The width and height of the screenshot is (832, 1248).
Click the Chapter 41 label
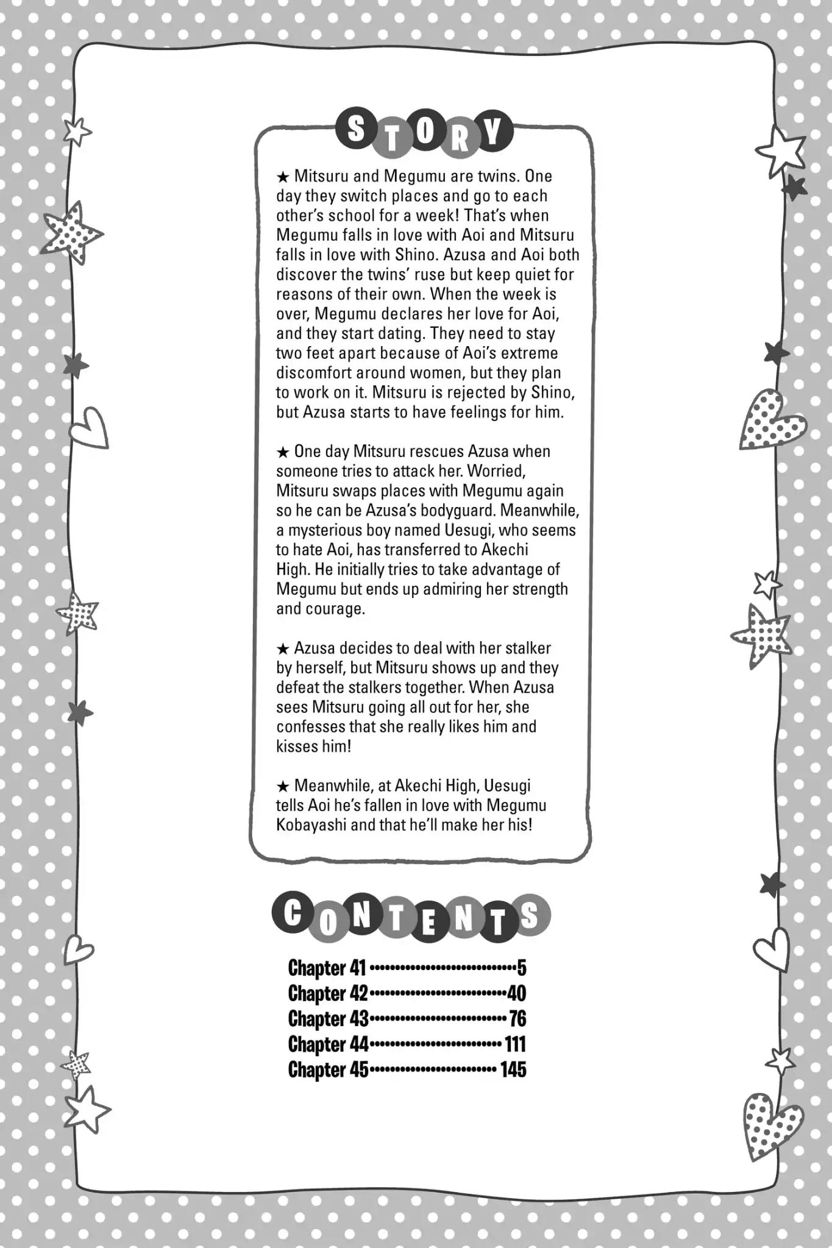tap(326, 968)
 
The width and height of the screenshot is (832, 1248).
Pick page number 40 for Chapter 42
tap(516, 994)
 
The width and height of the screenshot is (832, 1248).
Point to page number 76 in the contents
tap(517, 1019)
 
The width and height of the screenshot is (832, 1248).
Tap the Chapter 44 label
tap(328, 1044)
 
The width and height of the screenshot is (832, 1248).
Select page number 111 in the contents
tap(514, 1044)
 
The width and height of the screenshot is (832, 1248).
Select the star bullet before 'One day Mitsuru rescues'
tap(282, 452)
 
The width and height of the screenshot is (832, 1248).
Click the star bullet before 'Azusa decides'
tap(282, 649)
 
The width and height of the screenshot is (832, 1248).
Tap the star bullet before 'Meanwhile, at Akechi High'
tap(282, 786)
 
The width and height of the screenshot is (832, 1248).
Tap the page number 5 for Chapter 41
tap(521, 968)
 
